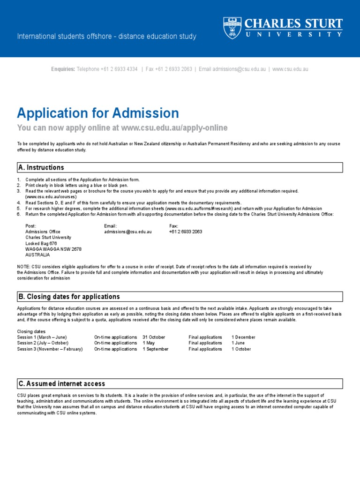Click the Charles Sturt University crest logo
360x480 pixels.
[x=232, y=28]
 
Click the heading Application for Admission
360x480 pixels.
[x=98, y=113]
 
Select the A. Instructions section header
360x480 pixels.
[x=41, y=167]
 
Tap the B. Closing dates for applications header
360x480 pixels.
[x=69, y=297]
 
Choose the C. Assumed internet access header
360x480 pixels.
[x=61, y=383]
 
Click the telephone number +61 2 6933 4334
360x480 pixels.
[x=119, y=69]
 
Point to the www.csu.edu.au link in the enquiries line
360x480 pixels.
[x=290, y=69]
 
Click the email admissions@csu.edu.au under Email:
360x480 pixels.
[x=127, y=232]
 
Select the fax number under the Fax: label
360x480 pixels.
[x=186, y=232]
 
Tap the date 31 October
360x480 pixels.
[x=154, y=337]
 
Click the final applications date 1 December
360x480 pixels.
[x=243, y=337]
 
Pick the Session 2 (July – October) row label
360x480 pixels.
[x=43, y=343]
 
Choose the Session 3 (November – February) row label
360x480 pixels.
[x=50, y=349]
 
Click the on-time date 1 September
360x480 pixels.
[x=156, y=349]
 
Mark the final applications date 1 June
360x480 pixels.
[x=239, y=343]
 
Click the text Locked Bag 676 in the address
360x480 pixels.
[x=41, y=244]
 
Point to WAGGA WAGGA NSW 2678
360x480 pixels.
[x=53, y=249]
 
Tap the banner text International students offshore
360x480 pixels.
[x=107, y=37]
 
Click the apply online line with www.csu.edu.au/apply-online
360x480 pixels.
[x=122, y=128]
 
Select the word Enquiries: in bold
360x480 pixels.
[x=63, y=69]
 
